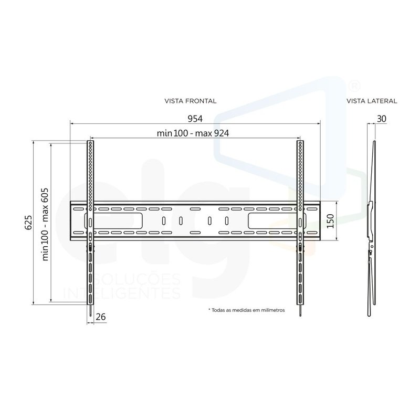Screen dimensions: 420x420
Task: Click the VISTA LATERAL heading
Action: (x=372, y=101)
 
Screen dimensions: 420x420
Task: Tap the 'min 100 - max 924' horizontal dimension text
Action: (x=193, y=133)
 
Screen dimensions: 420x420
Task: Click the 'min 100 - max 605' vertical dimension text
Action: (x=45, y=224)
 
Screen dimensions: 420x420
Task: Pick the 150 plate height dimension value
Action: (x=330, y=222)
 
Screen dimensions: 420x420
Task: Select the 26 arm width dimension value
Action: (x=101, y=317)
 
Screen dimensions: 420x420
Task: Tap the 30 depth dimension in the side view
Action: (x=382, y=119)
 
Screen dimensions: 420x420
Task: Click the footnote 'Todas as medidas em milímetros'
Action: (x=246, y=310)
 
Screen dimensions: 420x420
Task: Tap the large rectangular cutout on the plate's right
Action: (x=268, y=221)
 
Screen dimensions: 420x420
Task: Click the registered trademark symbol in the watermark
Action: (x=354, y=84)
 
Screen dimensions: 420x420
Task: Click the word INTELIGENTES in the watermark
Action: (x=122, y=292)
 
